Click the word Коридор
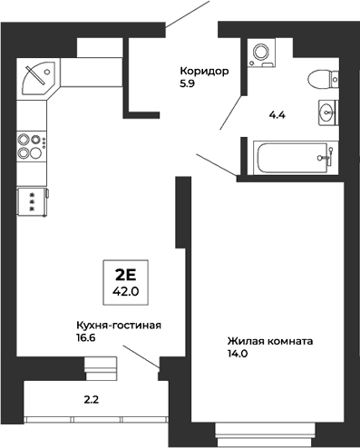(204, 70)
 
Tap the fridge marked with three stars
(33, 201)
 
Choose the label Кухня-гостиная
(119, 324)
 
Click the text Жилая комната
(269, 342)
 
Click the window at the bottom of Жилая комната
(267, 430)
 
